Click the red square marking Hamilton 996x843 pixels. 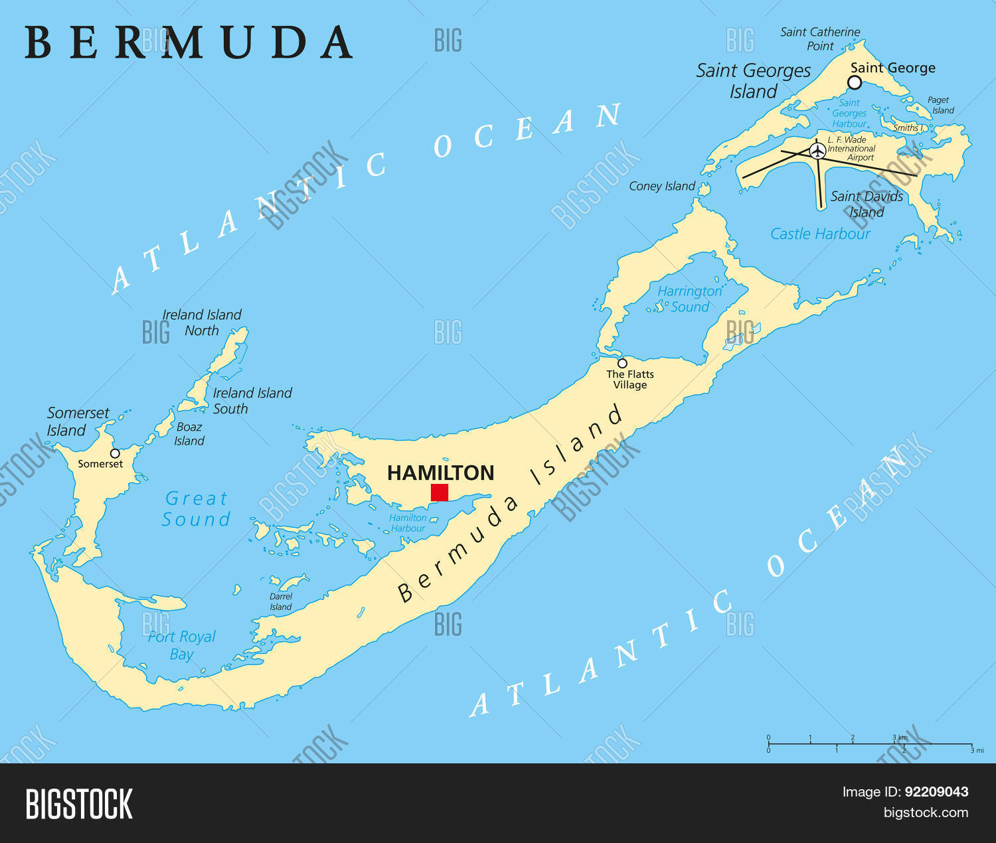tap(440, 493)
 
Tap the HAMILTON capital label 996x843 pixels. tap(440, 473)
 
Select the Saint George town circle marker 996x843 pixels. tap(855, 82)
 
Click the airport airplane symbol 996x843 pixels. tap(817, 151)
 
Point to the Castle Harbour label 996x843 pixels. tap(820, 234)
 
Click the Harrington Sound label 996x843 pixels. tap(689, 299)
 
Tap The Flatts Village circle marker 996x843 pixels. tap(622, 363)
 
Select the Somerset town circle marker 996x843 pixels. tap(115, 453)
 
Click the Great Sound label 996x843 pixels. tap(196, 508)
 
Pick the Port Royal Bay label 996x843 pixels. tap(181, 645)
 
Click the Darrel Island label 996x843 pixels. tap(281, 601)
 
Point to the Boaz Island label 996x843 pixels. tap(189, 433)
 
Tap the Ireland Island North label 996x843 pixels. tap(202, 323)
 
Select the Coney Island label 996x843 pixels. tap(662, 187)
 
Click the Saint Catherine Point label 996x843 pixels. tap(820, 38)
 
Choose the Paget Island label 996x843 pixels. tap(940, 106)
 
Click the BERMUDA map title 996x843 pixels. tap(189, 43)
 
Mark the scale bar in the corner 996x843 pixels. tap(870, 744)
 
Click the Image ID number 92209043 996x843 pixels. tap(936, 791)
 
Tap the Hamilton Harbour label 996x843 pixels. tap(408, 523)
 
